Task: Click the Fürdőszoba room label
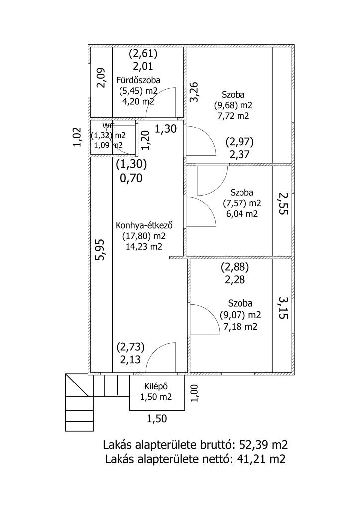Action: [138, 80]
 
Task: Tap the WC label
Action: [108, 125]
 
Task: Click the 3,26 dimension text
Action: [195, 92]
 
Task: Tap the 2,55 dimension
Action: [283, 203]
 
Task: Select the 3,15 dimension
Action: [283, 308]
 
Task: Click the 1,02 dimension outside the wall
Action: [77, 137]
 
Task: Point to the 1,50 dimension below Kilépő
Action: [157, 419]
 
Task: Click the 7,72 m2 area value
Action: [233, 116]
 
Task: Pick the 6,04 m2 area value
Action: [241, 214]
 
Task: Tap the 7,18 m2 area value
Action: [240, 327]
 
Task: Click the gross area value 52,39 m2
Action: [264, 444]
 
